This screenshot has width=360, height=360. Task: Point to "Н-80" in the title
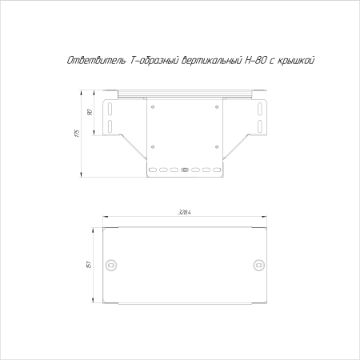point(252,61)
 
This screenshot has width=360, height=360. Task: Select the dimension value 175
point(75,132)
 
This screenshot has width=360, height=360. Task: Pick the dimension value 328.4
point(186,213)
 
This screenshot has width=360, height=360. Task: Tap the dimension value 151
point(89,264)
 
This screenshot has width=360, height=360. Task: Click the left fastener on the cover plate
point(113,265)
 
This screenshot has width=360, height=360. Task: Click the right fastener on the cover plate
point(258,265)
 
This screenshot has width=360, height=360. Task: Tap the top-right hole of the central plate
point(217,106)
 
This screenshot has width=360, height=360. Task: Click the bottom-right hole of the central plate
point(217,146)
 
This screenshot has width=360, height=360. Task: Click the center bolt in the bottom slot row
point(185,170)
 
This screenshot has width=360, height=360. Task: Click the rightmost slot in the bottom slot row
point(218,170)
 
